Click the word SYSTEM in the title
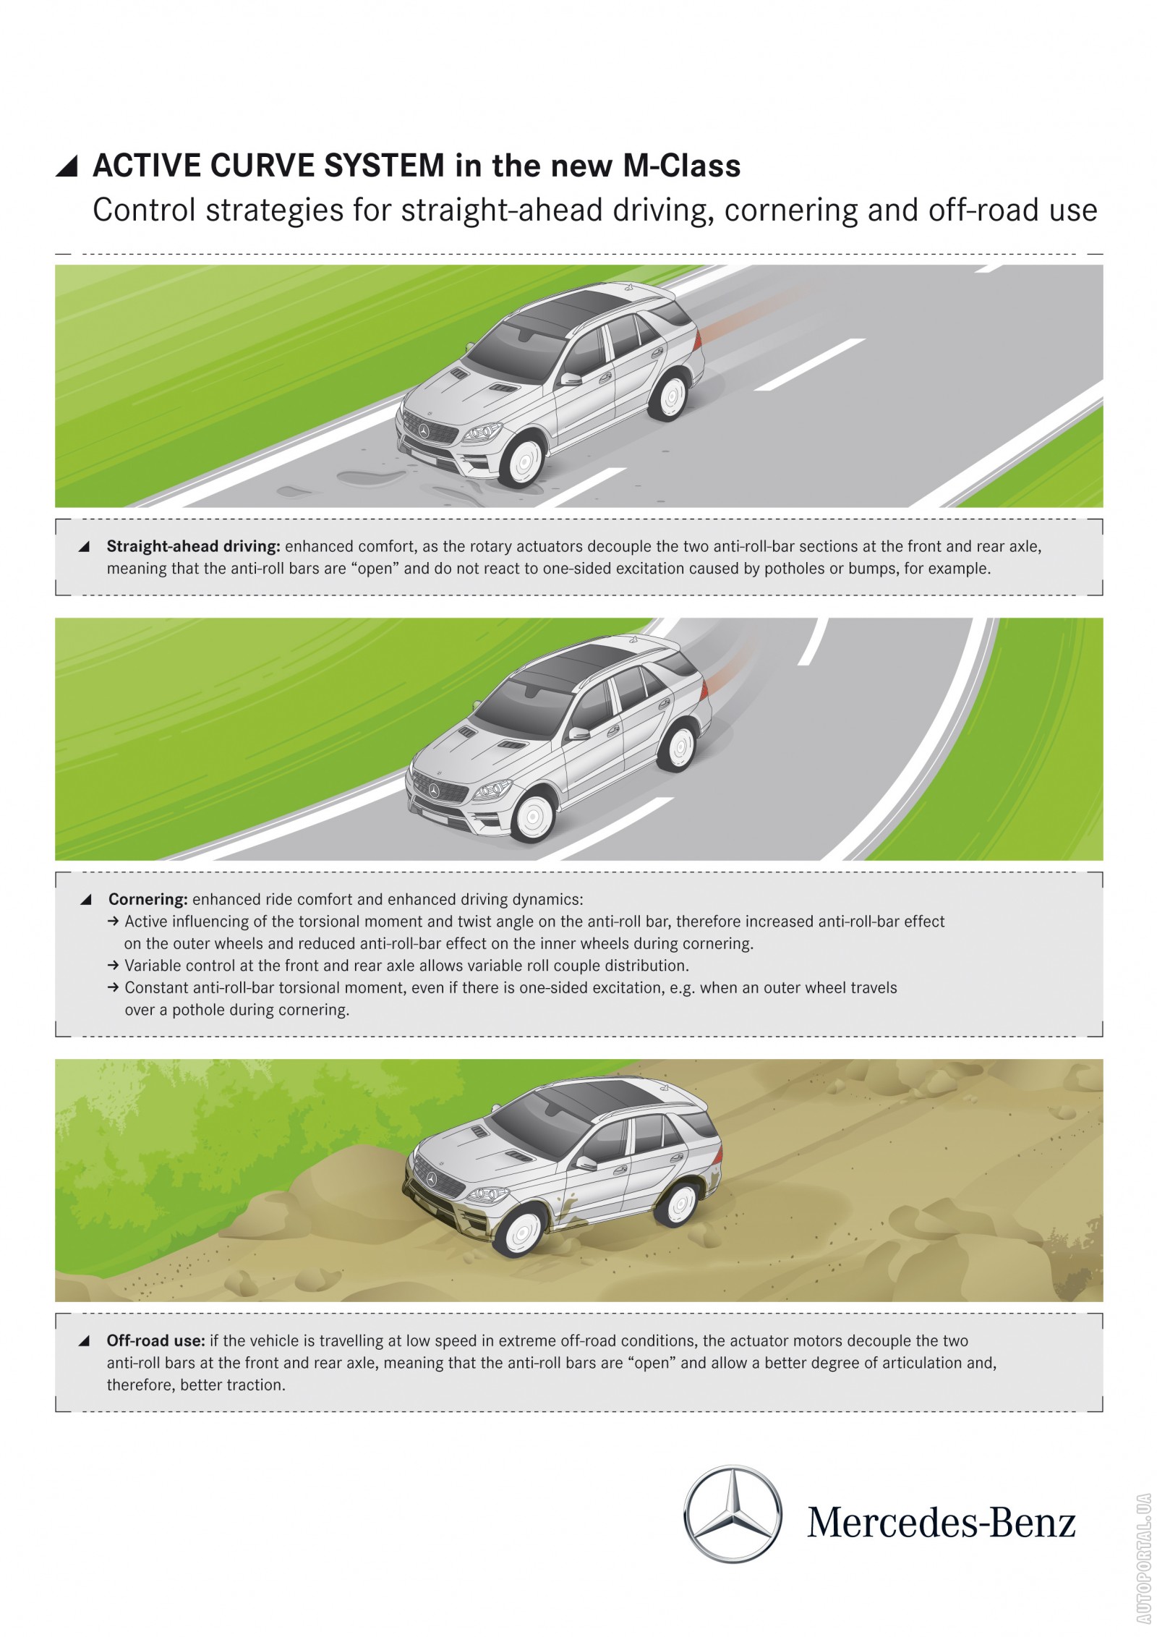pos(384,166)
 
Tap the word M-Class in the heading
pos(682,166)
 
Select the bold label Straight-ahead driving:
pos(193,546)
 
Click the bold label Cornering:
pos(148,899)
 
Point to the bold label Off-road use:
pos(156,1340)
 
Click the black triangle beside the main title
pos(67,167)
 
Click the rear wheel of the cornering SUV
pos(678,747)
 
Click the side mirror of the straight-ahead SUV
pos(571,379)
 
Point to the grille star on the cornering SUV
pos(434,791)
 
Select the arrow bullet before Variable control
pos(114,966)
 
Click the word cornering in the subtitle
pos(791,211)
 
